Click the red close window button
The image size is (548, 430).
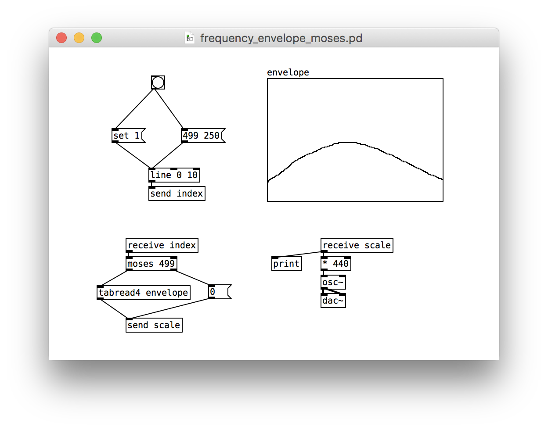point(61,38)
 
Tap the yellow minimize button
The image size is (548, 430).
point(79,38)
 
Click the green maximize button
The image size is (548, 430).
point(97,38)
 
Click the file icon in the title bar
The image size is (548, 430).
point(190,38)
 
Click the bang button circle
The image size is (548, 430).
point(158,82)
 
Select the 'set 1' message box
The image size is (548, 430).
point(129,136)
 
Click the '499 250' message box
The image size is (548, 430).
point(203,136)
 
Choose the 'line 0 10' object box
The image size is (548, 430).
point(174,175)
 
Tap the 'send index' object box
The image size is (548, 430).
point(177,193)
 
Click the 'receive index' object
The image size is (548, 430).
point(162,245)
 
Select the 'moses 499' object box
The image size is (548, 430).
point(151,264)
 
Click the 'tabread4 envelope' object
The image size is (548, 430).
point(144,293)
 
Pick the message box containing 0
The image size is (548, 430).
point(220,292)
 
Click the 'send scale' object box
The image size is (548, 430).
point(154,325)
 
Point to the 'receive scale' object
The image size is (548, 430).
point(357,245)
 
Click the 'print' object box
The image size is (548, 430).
point(287,264)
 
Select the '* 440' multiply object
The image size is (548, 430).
point(336,264)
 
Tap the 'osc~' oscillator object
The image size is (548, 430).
point(333,283)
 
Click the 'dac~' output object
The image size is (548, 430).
point(333,301)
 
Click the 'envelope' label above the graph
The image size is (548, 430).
point(288,72)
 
